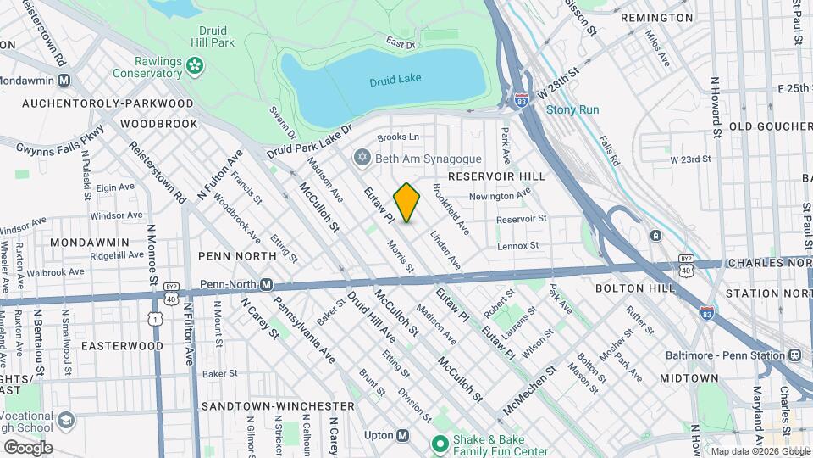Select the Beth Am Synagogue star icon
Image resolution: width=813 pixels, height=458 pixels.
click(362, 159)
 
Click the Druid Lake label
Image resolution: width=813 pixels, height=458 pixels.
click(395, 79)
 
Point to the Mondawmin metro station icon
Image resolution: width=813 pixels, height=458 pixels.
click(64, 80)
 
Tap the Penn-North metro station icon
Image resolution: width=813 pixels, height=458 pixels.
click(266, 284)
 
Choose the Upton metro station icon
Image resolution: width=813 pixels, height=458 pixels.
click(402, 435)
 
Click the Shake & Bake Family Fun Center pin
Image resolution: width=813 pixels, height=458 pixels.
click(440, 444)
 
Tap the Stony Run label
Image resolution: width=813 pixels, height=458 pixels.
click(572, 109)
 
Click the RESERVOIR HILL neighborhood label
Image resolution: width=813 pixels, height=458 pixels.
click(493, 176)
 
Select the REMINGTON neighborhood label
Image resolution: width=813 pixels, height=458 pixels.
click(656, 17)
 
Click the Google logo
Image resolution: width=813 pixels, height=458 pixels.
click(27, 447)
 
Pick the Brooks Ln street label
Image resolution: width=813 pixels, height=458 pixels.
click(398, 137)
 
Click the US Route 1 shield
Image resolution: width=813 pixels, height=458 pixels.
click(154, 317)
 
